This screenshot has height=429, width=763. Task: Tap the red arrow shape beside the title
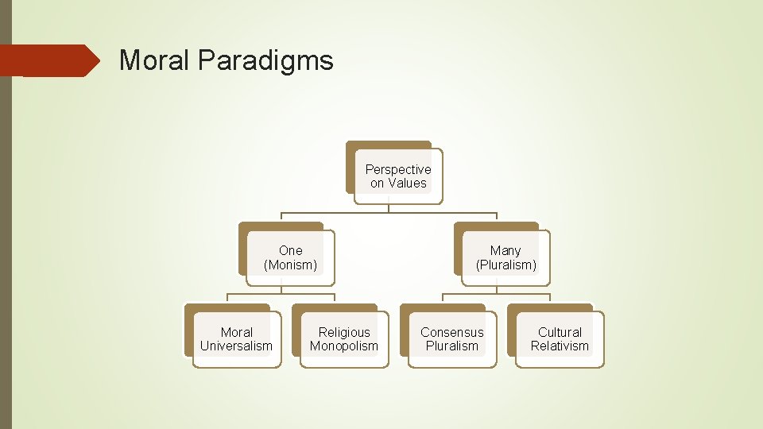tap(51, 60)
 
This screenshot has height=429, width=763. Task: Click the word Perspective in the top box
tap(398, 169)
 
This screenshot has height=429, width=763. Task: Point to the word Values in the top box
tap(408, 183)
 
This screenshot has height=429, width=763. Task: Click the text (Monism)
tap(290, 265)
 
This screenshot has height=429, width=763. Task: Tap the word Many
tap(505, 251)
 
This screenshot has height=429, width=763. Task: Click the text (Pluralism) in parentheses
tap(506, 265)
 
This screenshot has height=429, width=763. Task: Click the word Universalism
tap(236, 346)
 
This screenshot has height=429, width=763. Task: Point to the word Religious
tap(344, 332)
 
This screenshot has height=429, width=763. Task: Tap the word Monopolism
tap(344, 346)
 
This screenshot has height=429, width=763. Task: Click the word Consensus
tap(451, 332)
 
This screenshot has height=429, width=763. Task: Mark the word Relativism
tap(560, 346)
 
